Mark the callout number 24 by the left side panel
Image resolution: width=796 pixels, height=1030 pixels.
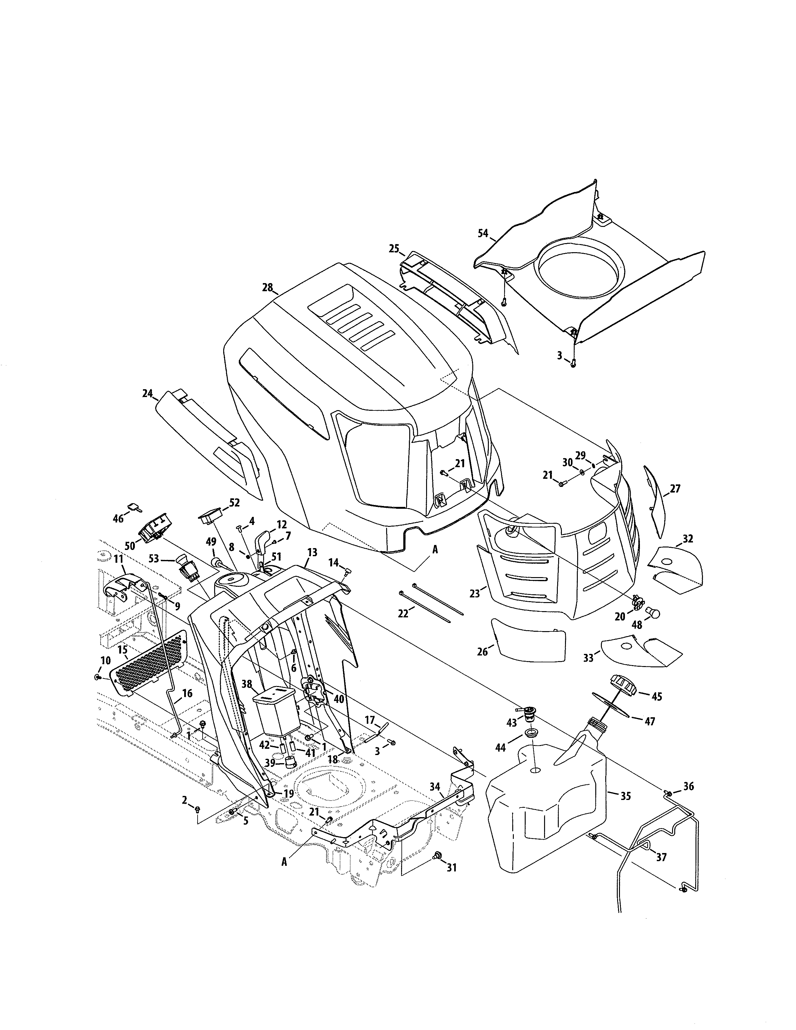(148, 393)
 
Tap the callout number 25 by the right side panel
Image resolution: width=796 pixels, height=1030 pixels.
(394, 248)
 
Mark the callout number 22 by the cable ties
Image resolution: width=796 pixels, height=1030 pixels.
(402, 613)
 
